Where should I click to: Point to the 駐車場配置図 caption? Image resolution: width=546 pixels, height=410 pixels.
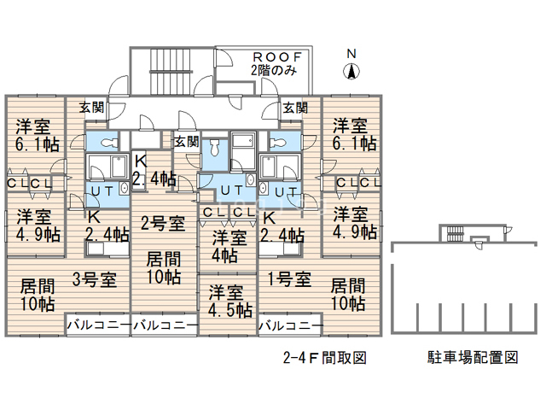[473, 358]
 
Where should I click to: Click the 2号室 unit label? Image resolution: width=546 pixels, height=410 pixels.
[164, 224]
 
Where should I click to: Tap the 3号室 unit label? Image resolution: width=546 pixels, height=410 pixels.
[94, 278]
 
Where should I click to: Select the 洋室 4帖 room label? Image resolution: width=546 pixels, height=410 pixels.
[226, 245]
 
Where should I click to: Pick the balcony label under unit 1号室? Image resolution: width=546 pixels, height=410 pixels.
[290, 325]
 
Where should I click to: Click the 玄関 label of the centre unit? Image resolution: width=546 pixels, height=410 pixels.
[186, 141]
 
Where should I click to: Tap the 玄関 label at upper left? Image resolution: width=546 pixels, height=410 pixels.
[92, 108]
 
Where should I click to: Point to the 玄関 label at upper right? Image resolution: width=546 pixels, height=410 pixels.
[295, 108]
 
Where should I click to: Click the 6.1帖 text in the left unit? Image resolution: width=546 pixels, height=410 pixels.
[35, 145]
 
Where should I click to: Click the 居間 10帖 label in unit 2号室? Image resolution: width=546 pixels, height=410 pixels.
[164, 267]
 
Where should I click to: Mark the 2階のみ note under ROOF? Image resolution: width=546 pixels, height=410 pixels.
[274, 71]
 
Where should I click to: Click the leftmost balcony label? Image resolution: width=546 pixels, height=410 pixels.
[97, 325]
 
